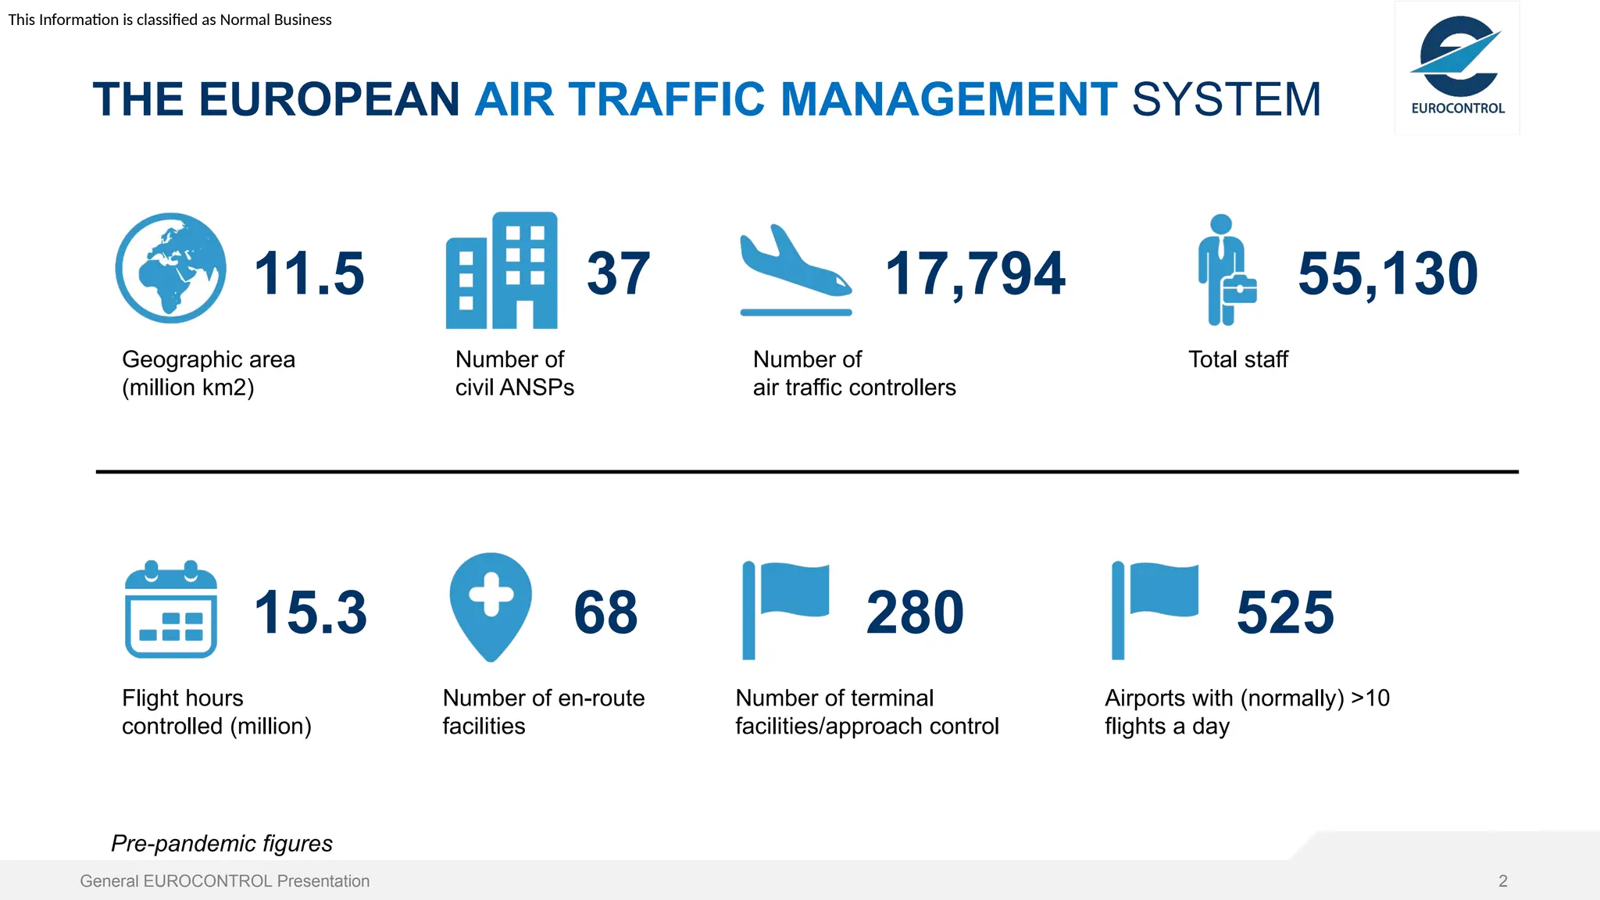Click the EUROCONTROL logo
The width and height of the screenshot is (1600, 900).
click(x=1457, y=68)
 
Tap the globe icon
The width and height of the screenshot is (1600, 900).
click(x=170, y=268)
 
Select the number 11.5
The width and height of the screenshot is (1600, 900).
click(x=309, y=273)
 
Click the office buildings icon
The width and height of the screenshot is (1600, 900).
click(x=502, y=270)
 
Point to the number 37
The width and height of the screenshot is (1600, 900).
click(x=618, y=273)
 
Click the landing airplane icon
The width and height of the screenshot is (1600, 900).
click(x=795, y=270)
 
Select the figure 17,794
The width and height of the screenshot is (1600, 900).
click(x=975, y=273)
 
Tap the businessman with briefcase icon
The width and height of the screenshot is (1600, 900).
click(x=1226, y=270)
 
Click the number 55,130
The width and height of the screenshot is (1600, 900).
click(x=1388, y=273)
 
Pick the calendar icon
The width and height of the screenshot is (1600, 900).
click(x=171, y=609)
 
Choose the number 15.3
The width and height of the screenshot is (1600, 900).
click(x=310, y=612)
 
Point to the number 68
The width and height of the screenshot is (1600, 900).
click(x=605, y=612)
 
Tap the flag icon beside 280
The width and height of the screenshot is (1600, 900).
click(x=784, y=609)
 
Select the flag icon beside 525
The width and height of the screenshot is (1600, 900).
click(x=1155, y=609)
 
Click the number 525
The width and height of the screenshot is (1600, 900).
click(x=1285, y=612)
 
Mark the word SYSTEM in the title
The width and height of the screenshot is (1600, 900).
click(x=1226, y=99)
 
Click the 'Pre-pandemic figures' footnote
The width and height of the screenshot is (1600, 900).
click(x=222, y=843)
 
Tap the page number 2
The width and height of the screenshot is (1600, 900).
click(x=1502, y=880)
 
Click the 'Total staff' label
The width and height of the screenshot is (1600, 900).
click(x=1237, y=359)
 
